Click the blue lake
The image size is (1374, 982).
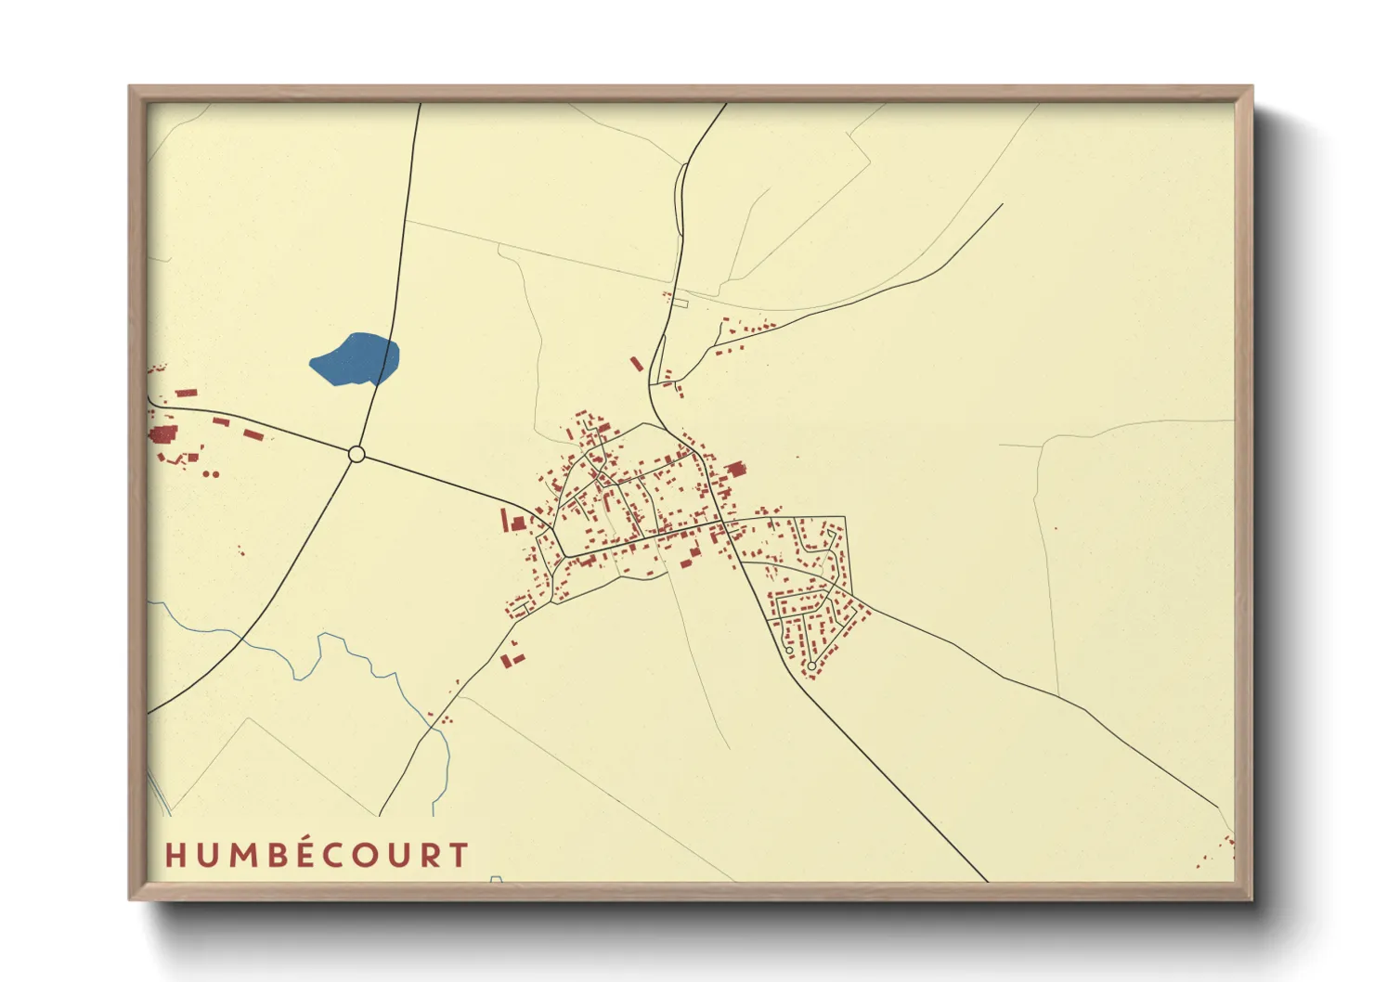tap(356, 360)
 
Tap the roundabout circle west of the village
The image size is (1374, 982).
tap(356, 454)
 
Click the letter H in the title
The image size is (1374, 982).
tap(176, 855)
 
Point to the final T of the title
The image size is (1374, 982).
tap(458, 855)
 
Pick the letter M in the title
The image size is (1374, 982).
tap(243, 855)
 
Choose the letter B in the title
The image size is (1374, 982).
tap(278, 855)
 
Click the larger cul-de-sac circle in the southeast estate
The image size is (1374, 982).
tap(811, 665)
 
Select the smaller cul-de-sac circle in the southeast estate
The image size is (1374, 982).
tap(789, 650)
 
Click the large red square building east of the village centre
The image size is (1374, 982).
tap(736, 469)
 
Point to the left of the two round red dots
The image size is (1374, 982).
tap(208, 473)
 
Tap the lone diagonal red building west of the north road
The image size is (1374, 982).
tap(637, 364)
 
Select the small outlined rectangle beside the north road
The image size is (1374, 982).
tap(680, 303)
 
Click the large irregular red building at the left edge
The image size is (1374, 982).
tap(163, 434)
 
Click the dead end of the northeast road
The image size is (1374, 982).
tap(1003, 204)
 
